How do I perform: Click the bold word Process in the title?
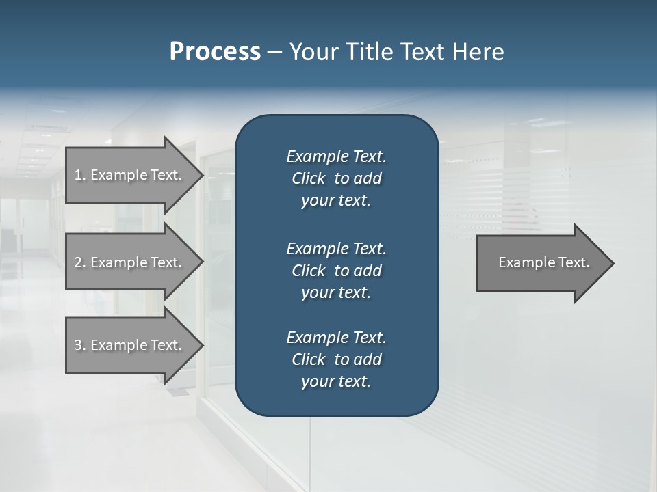(x=215, y=52)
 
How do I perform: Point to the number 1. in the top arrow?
(x=79, y=175)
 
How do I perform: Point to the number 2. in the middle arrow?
(x=79, y=262)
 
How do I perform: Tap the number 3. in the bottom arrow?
(x=79, y=345)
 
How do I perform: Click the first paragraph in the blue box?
(x=336, y=178)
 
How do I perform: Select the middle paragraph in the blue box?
(x=336, y=270)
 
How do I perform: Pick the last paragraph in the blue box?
(x=336, y=359)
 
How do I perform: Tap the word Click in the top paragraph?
(x=308, y=178)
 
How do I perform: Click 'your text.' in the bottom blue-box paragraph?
(x=336, y=382)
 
